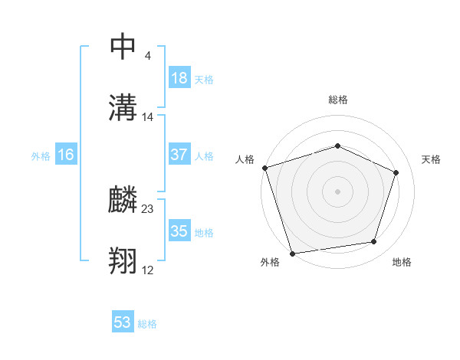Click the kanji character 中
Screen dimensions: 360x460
click(123, 47)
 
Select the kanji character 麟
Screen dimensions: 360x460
click(123, 201)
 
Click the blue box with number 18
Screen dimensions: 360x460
click(179, 78)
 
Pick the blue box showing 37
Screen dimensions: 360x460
click(179, 155)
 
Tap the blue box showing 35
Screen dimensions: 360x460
click(179, 231)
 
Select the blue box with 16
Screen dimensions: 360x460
click(66, 155)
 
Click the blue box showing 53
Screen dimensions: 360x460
click(123, 322)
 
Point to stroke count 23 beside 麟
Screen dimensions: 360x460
click(148, 208)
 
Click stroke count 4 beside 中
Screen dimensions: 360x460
click(147, 55)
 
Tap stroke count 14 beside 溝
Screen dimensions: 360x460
click(148, 117)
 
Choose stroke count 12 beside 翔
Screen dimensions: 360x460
click(148, 270)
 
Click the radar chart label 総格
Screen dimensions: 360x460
click(337, 100)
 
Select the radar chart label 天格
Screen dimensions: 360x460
click(431, 159)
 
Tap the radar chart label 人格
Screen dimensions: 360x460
click(245, 159)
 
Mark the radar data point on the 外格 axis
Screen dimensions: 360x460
click(292, 253)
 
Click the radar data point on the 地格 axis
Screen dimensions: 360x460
click(373, 242)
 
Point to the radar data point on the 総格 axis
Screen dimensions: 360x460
click(337, 146)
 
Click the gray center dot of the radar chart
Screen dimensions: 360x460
click(337, 191)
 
